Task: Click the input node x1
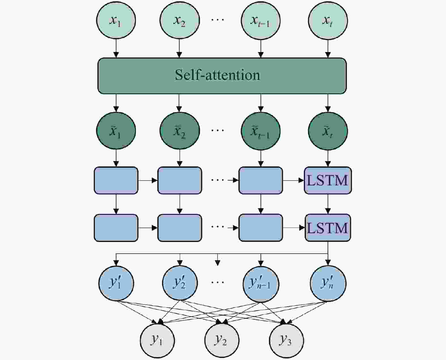[116, 20]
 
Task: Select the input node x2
[180, 20]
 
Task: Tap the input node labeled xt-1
[261, 20]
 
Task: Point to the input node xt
[328, 20]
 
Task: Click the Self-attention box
[222, 76]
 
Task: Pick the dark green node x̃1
[116, 131]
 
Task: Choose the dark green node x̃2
[180, 131]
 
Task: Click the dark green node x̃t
[328, 131]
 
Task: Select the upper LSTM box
[328, 180]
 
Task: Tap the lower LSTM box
[328, 228]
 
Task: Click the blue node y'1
[116, 283]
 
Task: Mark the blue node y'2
[180, 283]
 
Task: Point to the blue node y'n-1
[261, 283]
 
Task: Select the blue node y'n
[328, 283]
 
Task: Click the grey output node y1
[157, 340]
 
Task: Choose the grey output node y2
[222, 340]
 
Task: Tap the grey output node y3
[286, 340]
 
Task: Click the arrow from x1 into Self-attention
[116, 48]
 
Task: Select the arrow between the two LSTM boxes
[328, 204]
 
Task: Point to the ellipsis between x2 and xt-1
[218, 20]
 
